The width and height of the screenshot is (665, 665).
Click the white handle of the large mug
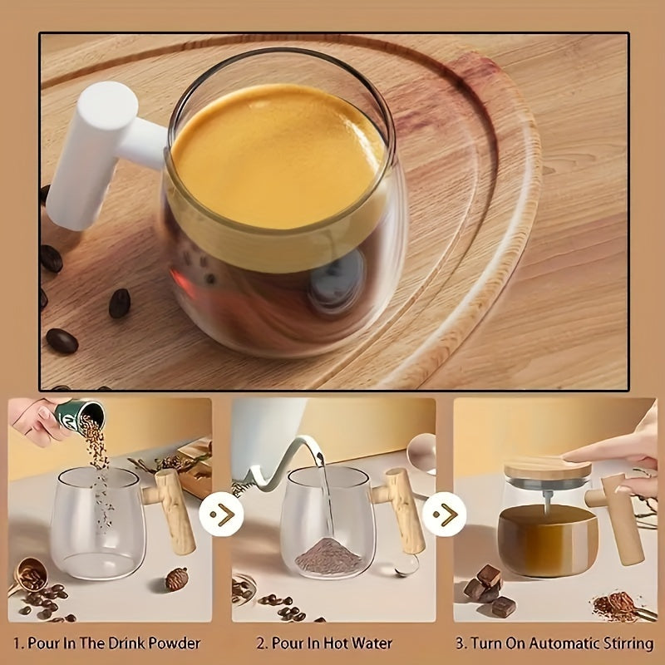click(x=91, y=154)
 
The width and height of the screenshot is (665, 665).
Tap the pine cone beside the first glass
click(x=176, y=579)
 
